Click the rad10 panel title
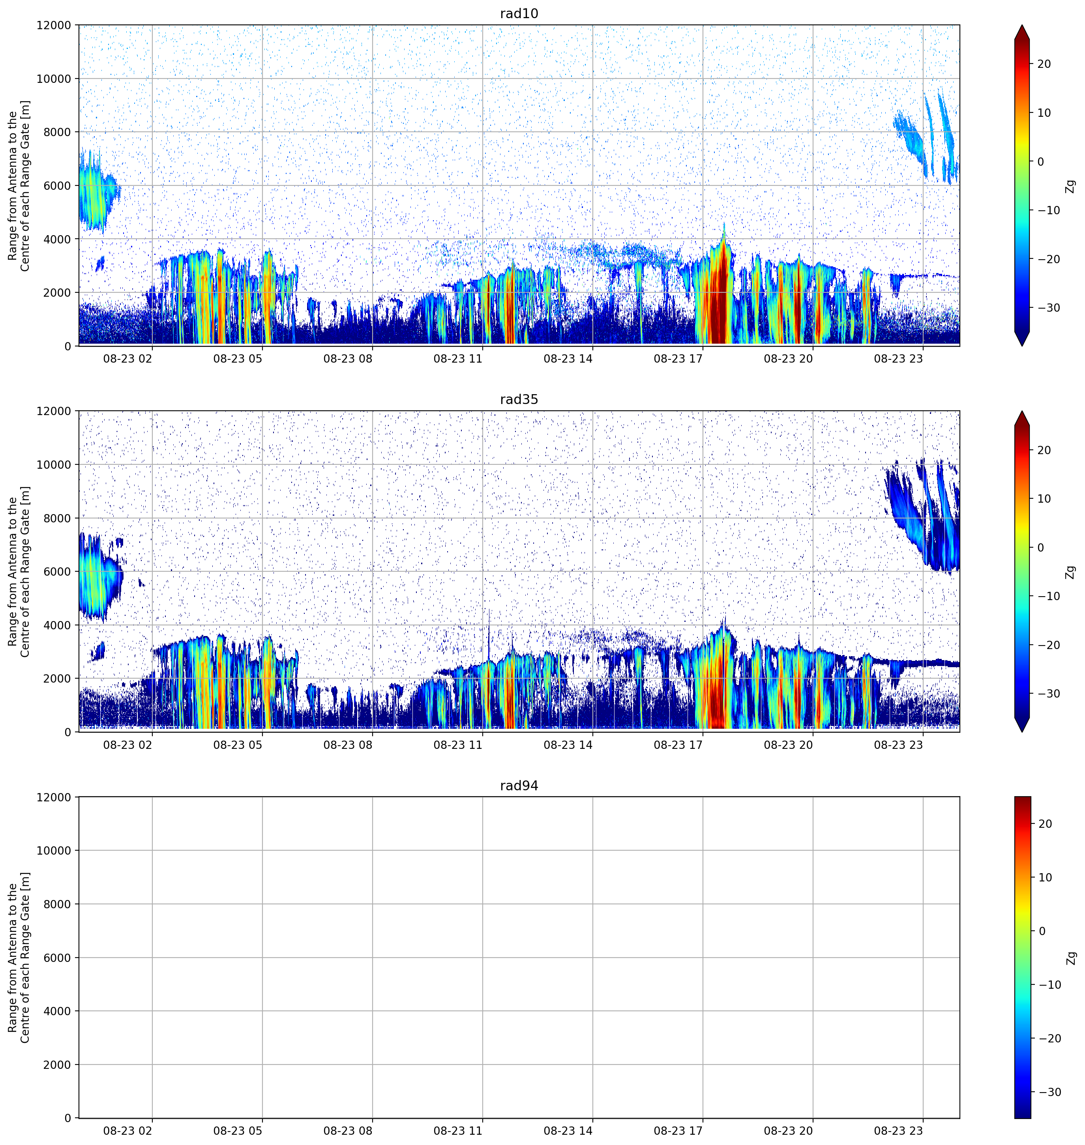519,13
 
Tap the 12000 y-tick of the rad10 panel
54,25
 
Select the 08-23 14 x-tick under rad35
568,745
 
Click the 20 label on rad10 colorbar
1044,64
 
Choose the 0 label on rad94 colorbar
1042,931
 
